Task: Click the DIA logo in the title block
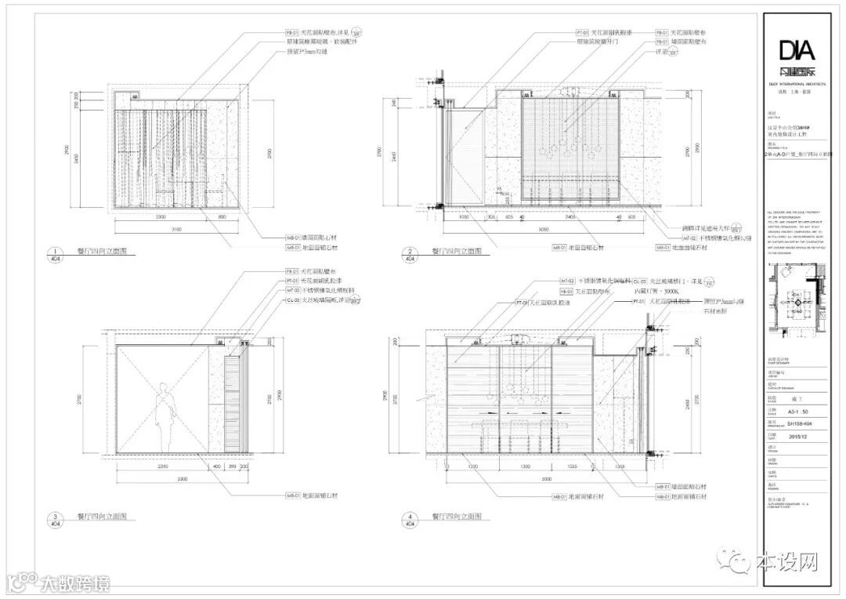797,52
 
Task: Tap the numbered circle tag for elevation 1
56,253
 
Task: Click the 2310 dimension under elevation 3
163,467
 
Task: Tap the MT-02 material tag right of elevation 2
689,238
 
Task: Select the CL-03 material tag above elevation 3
292,299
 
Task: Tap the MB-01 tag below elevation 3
295,496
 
